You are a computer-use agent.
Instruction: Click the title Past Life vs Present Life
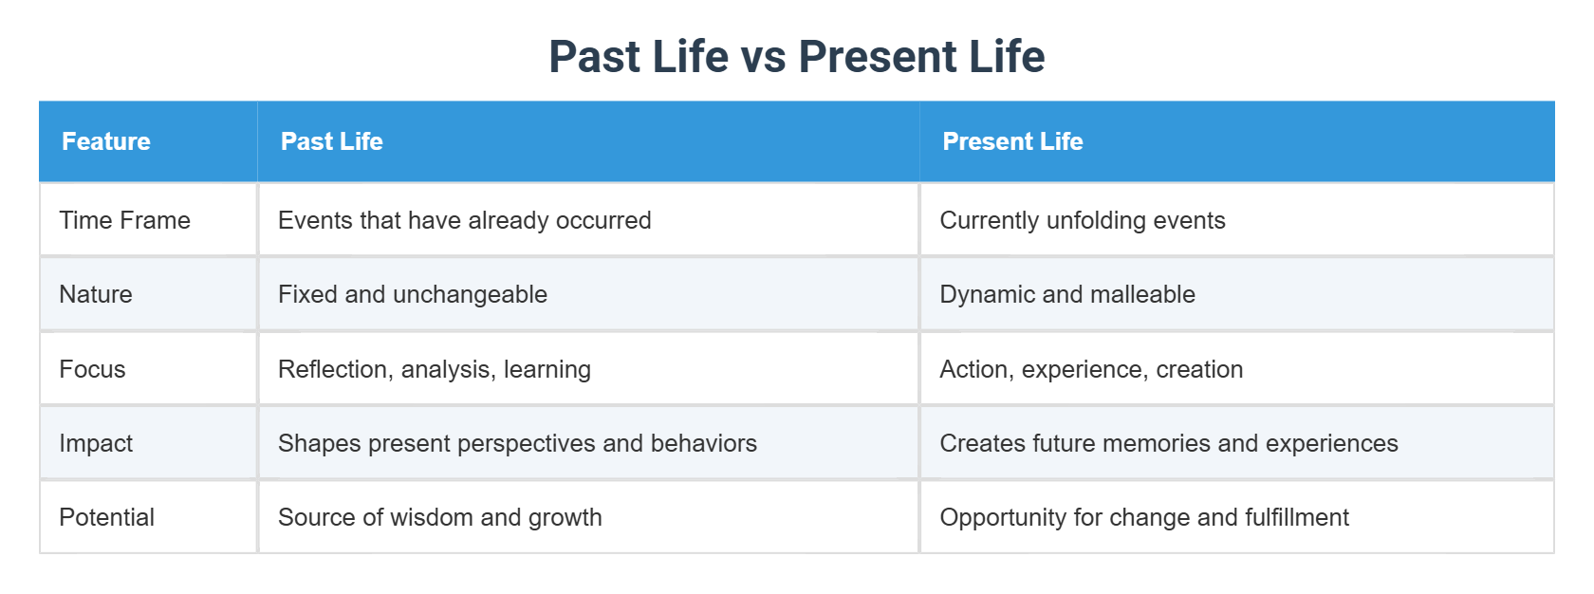point(796,56)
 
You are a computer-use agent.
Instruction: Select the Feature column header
point(106,141)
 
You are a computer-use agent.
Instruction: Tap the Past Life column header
point(331,141)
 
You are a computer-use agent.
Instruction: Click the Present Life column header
point(1011,141)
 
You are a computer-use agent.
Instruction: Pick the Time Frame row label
point(124,220)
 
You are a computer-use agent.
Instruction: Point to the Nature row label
point(96,294)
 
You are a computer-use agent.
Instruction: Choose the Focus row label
point(92,369)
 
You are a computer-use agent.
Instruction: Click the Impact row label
point(96,443)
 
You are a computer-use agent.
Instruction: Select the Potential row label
point(106,517)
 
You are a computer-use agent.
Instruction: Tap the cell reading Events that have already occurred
point(464,220)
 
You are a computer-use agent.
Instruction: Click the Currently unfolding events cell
point(1082,220)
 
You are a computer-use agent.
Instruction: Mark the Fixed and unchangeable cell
point(412,294)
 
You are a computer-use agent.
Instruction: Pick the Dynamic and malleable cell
point(1066,294)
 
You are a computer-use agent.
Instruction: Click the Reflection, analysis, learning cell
point(434,369)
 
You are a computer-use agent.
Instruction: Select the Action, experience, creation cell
point(1090,369)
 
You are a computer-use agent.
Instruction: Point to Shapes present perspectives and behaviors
point(517,443)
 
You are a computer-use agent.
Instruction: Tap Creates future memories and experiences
point(1168,443)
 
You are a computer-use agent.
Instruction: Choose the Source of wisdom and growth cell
point(439,517)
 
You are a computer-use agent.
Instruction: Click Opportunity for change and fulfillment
point(1143,517)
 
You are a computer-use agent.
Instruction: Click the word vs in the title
point(762,58)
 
